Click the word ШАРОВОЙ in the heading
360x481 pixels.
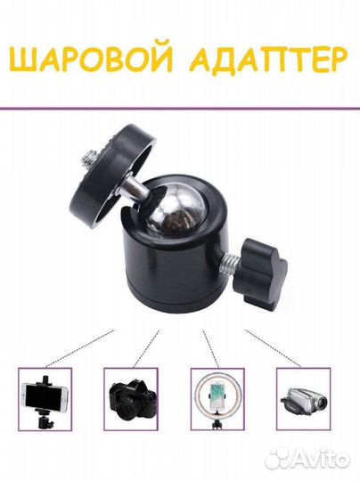click(91, 60)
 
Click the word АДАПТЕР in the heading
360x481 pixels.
click(268, 61)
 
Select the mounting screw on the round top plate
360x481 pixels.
click(92, 159)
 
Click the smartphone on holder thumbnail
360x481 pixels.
click(45, 399)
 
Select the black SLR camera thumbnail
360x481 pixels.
click(131, 399)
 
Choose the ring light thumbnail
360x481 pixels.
click(217, 399)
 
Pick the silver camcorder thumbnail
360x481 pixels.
click(304, 399)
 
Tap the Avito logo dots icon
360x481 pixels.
click(278, 459)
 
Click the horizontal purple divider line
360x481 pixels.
click(180, 109)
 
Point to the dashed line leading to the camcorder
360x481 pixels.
click(273, 348)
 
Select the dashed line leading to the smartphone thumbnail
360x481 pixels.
click(80, 348)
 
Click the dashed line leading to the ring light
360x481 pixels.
click(210, 348)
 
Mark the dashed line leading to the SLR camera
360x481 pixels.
click(147, 348)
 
